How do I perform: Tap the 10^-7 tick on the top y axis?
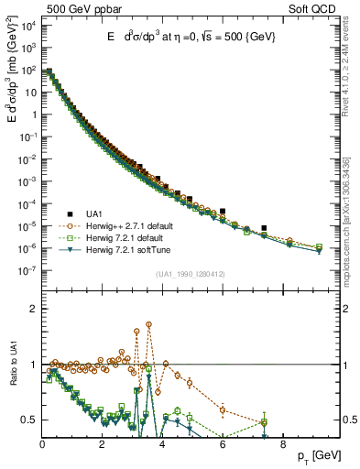point(27,270)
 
